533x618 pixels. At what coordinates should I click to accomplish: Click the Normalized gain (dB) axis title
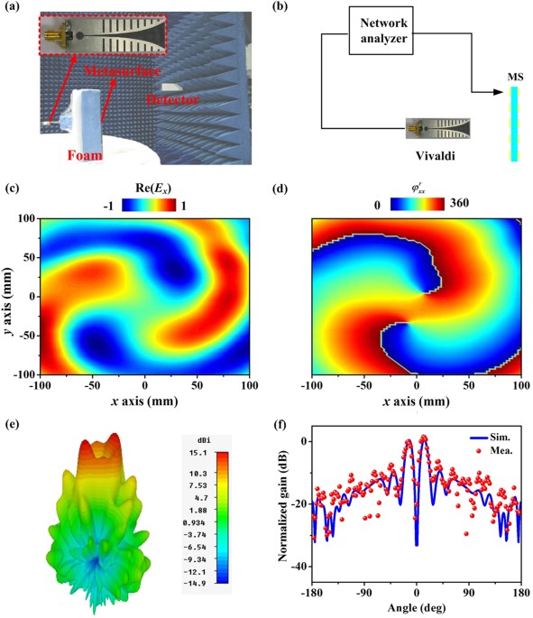tap(284, 506)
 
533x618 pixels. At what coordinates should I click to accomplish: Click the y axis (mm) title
tap(8, 295)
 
